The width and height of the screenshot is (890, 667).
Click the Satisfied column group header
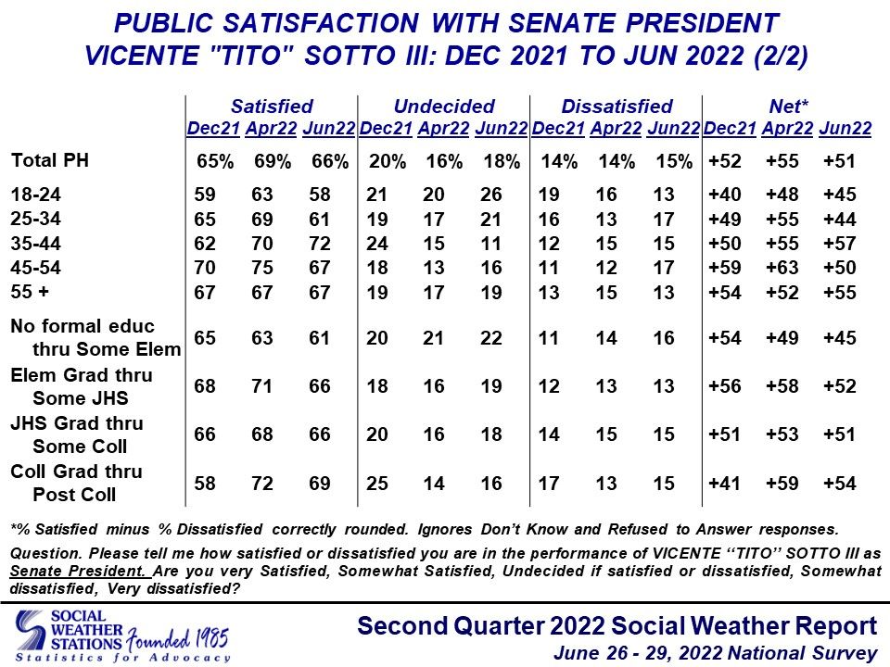coord(272,106)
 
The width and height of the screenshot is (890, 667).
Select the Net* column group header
coord(788,106)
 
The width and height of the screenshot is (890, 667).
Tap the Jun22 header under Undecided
coord(502,129)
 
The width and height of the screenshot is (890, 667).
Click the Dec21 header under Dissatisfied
coord(558,129)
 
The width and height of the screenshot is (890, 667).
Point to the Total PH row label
coord(50,160)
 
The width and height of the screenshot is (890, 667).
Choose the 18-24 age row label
coord(36,195)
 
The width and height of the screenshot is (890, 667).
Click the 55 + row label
coord(30,292)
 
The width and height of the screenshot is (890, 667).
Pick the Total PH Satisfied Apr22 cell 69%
coord(273,161)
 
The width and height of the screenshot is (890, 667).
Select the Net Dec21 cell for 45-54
coord(725,268)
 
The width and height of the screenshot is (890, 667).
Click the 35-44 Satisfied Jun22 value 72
coord(320,244)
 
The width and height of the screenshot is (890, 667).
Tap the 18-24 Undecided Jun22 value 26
coord(491,195)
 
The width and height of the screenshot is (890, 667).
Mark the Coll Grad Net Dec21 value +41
coord(724,484)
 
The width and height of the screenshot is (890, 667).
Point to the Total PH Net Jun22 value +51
coord(839,161)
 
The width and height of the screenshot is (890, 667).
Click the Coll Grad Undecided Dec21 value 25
coord(377,484)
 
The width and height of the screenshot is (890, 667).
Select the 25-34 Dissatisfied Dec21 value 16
coord(549,220)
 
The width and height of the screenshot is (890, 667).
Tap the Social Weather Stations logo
coord(69,636)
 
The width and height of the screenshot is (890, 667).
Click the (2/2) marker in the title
coord(781,56)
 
